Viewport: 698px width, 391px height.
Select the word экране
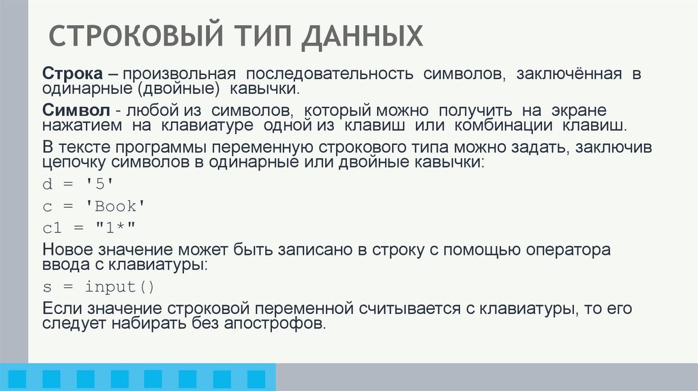[x=577, y=110]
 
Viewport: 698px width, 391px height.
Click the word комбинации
[x=502, y=126]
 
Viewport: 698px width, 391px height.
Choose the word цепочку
[x=73, y=163]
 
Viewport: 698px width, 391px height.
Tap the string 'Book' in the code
[x=115, y=206]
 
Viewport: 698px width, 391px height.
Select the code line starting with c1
[x=91, y=227]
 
